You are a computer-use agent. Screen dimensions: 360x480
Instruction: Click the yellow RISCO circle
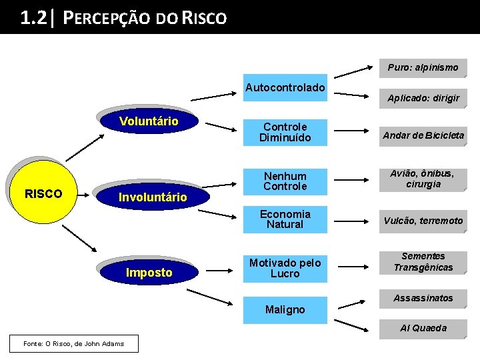pos(43,194)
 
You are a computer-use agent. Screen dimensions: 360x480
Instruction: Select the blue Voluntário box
pos(149,121)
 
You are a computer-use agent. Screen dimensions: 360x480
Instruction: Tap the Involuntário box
pos(152,197)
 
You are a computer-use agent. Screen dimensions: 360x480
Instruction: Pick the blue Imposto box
pos(149,272)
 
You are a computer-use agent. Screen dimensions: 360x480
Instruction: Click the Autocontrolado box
pos(285,87)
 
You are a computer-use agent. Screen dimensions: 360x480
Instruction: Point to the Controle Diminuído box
pos(285,132)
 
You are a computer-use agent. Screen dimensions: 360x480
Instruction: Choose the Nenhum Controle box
pos(285,181)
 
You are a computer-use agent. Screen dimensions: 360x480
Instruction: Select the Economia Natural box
pos(285,219)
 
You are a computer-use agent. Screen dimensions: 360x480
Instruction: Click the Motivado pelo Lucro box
pos(285,268)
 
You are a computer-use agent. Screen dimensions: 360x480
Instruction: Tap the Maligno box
pos(285,310)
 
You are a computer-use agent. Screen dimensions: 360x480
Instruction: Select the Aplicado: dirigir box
pos(423,98)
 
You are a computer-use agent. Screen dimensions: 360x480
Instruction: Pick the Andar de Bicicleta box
pos(423,135)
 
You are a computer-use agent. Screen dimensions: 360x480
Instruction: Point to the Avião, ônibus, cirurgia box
pos(423,179)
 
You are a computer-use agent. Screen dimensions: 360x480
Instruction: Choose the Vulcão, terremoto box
pos(423,221)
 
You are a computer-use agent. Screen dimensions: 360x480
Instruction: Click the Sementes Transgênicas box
pos(423,262)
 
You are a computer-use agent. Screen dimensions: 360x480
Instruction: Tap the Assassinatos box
pos(423,298)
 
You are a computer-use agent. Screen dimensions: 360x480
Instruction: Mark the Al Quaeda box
pos(423,328)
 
